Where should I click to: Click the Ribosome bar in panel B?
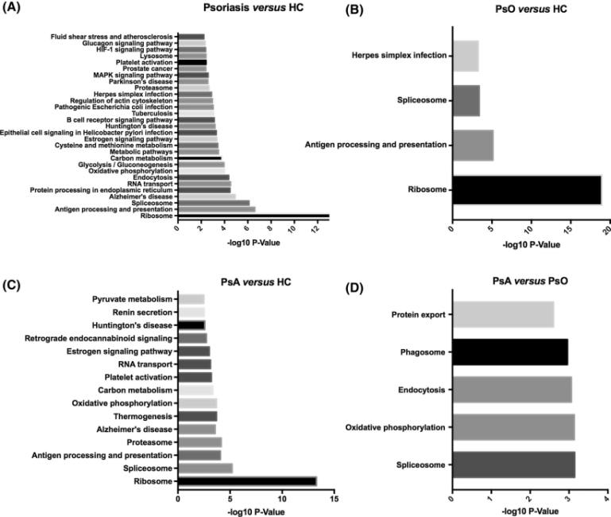click(526, 189)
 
